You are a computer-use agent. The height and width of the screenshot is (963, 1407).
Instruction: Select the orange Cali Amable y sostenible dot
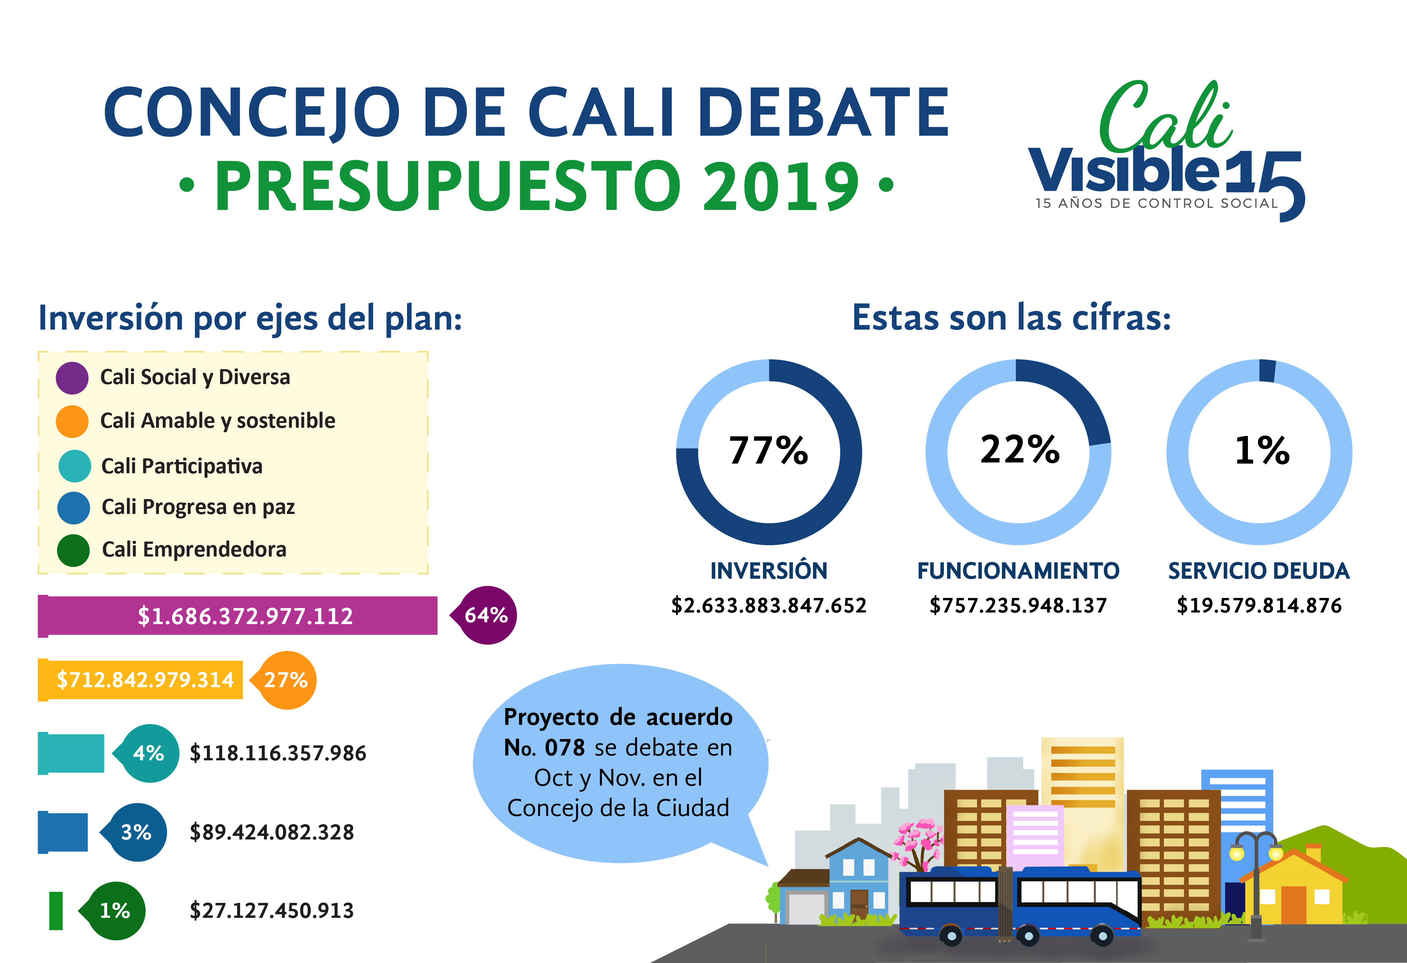click(x=72, y=421)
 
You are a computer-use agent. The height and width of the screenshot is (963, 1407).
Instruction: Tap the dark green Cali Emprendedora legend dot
click(x=73, y=550)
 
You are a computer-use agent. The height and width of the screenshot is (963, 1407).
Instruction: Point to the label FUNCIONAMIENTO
click(x=1018, y=571)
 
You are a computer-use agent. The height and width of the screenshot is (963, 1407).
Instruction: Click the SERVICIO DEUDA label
click(x=1259, y=571)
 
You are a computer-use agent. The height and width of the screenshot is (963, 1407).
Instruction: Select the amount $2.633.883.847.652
click(x=769, y=605)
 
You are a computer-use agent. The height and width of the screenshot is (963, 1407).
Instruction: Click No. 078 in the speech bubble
click(x=544, y=748)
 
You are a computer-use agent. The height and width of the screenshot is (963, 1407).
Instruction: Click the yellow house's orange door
click(x=1294, y=905)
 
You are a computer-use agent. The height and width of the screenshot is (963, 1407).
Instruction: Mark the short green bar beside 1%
click(x=56, y=910)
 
